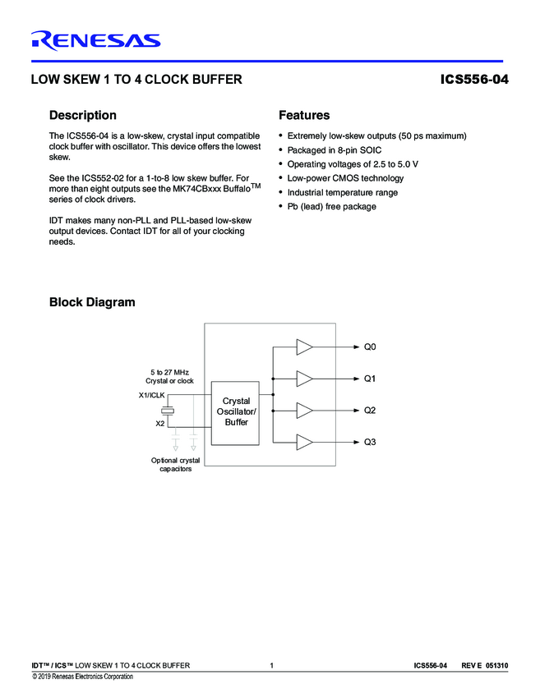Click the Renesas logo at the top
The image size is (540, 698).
pos(95,39)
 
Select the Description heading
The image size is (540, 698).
pos(83,115)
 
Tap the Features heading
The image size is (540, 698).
pos(304,115)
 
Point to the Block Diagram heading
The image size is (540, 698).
pos(92,302)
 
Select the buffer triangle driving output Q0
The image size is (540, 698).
pos(304,347)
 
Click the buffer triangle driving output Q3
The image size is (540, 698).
pos(304,442)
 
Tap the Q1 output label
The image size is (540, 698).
pos(370,379)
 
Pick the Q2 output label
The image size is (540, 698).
pos(370,410)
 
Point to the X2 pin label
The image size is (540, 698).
pos(159,424)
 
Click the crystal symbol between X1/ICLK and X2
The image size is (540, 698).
pos(168,409)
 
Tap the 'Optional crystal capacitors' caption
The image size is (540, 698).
pos(175,465)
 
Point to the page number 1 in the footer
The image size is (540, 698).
pos(271,665)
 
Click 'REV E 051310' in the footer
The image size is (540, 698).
pos(484,665)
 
